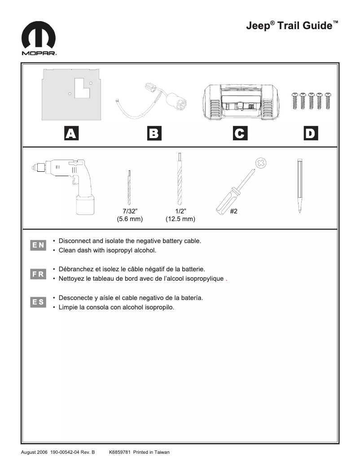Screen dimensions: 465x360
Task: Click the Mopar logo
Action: tap(39, 39)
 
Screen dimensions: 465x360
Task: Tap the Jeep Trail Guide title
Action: tap(292, 26)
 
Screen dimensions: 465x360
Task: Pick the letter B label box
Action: tap(154, 133)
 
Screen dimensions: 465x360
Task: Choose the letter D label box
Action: tap(310, 133)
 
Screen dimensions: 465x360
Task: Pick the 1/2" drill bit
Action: tap(180, 179)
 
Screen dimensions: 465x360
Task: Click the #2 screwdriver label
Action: tap(233, 212)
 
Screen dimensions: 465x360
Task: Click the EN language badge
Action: tap(38, 245)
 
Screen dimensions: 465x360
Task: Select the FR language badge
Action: tap(38, 274)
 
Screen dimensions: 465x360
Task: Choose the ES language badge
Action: tap(38, 302)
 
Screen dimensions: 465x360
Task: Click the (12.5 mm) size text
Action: tap(180, 219)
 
